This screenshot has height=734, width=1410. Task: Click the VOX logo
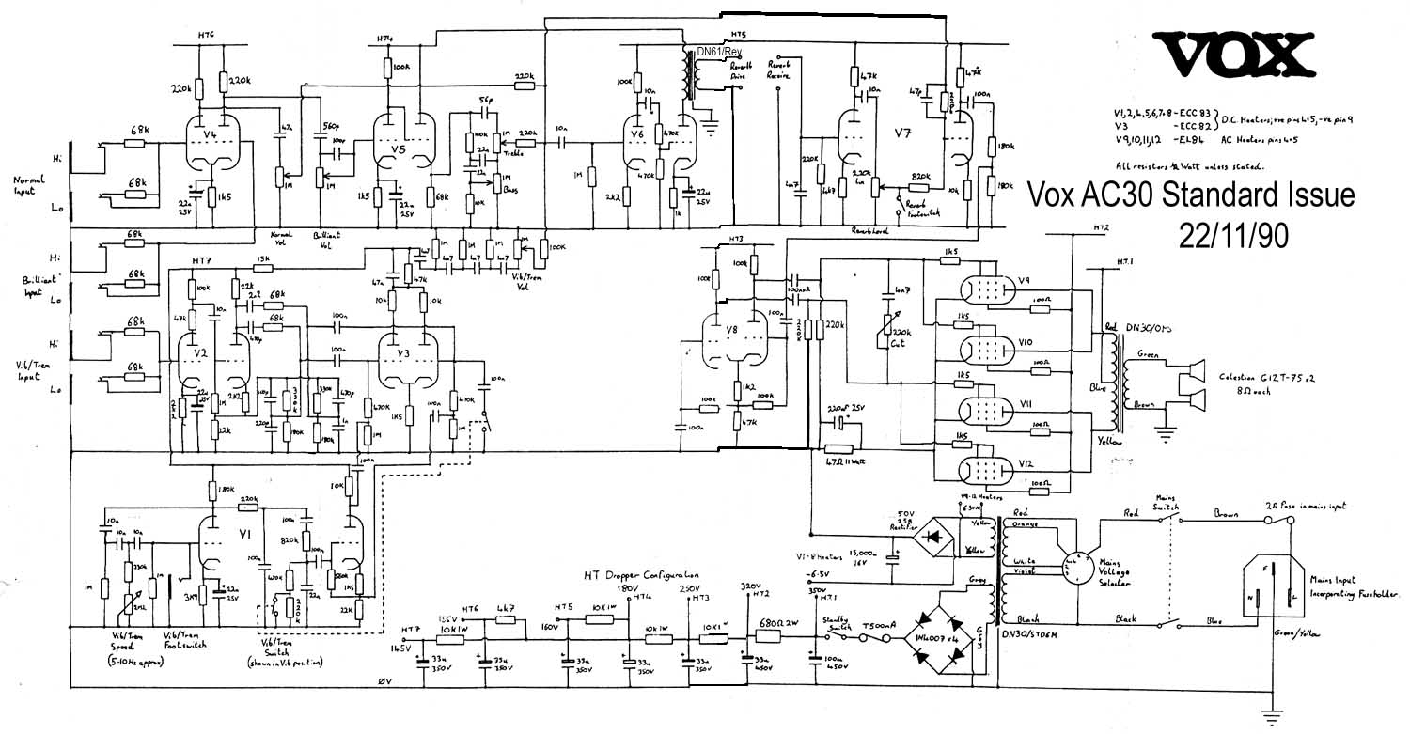[x=1235, y=55]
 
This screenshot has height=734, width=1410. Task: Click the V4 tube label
[x=210, y=135]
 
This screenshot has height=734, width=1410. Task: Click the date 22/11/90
[x=1232, y=236]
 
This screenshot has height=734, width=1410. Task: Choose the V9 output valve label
[x=1025, y=279]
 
